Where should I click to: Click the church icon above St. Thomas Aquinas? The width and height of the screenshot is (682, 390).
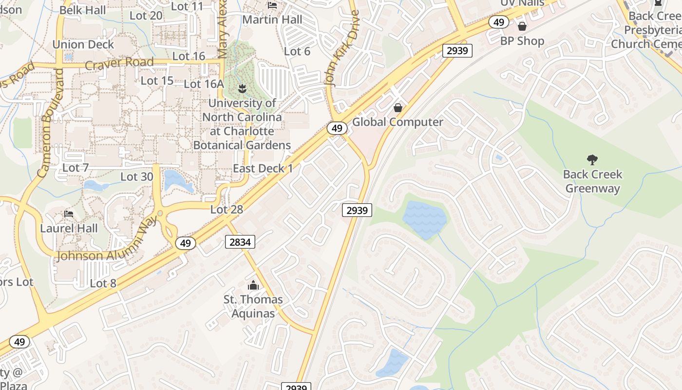253,285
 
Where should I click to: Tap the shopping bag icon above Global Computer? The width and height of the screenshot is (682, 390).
398,107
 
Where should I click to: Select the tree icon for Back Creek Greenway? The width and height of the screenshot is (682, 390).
592,159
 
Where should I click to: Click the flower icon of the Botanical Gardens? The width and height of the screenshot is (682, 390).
242,88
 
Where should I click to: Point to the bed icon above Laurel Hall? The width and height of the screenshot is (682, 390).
69,214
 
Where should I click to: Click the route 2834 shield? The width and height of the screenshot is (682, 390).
240,241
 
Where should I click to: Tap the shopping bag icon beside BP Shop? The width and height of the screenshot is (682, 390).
522,26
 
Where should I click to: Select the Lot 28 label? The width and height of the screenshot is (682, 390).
227,210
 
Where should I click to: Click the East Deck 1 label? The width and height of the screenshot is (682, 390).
263,169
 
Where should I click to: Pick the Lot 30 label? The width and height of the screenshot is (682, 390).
137,176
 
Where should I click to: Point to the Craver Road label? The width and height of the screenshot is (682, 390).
119,64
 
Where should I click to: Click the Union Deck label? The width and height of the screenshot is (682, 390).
83,44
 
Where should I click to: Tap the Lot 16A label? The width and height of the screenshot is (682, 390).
204,84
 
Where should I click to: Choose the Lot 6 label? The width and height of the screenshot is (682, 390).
297,51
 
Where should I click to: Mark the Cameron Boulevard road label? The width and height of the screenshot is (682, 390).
50,122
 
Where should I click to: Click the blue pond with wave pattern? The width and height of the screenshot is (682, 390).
424,220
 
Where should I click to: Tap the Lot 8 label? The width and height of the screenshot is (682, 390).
103,283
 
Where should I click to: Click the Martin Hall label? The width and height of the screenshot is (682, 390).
272,19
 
